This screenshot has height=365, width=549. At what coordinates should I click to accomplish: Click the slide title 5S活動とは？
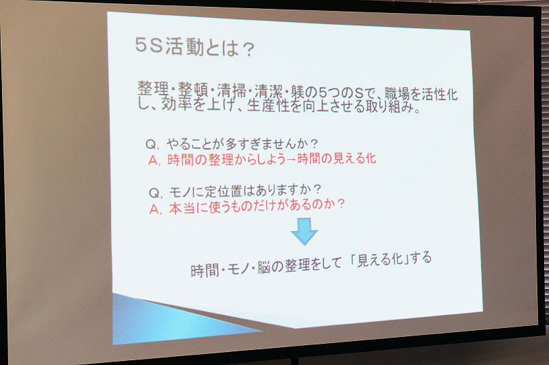click(x=195, y=47)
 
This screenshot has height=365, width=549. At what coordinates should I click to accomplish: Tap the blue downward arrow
click(x=304, y=231)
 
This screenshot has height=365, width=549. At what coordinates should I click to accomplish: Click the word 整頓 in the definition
click(x=194, y=90)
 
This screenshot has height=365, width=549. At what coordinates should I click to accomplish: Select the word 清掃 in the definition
click(x=232, y=91)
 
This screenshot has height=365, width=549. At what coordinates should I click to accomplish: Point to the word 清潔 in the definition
click(x=270, y=91)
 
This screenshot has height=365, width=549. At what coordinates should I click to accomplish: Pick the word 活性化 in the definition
click(x=439, y=94)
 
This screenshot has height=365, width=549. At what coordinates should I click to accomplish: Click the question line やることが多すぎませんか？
click(x=242, y=143)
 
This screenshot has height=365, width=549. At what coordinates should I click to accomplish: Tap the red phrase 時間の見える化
click(x=337, y=159)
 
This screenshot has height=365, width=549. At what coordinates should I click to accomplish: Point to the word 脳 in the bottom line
click(x=264, y=268)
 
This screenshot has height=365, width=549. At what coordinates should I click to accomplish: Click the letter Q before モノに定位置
click(x=154, y=193)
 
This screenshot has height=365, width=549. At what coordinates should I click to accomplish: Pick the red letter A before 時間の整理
click(x=153, y=161)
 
